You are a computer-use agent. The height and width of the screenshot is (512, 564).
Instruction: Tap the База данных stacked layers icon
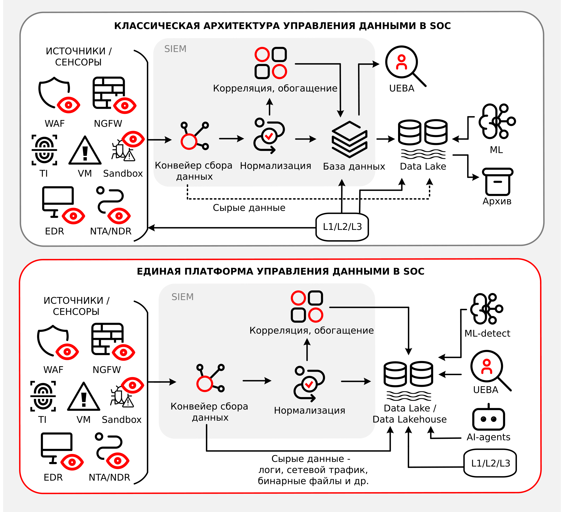349,139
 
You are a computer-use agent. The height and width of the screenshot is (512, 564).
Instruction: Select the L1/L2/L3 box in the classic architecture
342,227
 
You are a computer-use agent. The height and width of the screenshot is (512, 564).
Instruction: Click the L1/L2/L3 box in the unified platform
490,463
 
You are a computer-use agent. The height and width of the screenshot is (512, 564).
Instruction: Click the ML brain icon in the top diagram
496,121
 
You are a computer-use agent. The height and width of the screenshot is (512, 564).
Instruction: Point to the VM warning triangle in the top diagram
85,151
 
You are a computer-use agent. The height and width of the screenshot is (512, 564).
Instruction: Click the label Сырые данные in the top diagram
249,208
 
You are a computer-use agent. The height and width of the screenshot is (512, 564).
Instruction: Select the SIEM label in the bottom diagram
182,297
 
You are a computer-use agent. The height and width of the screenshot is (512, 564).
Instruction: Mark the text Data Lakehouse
410,419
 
